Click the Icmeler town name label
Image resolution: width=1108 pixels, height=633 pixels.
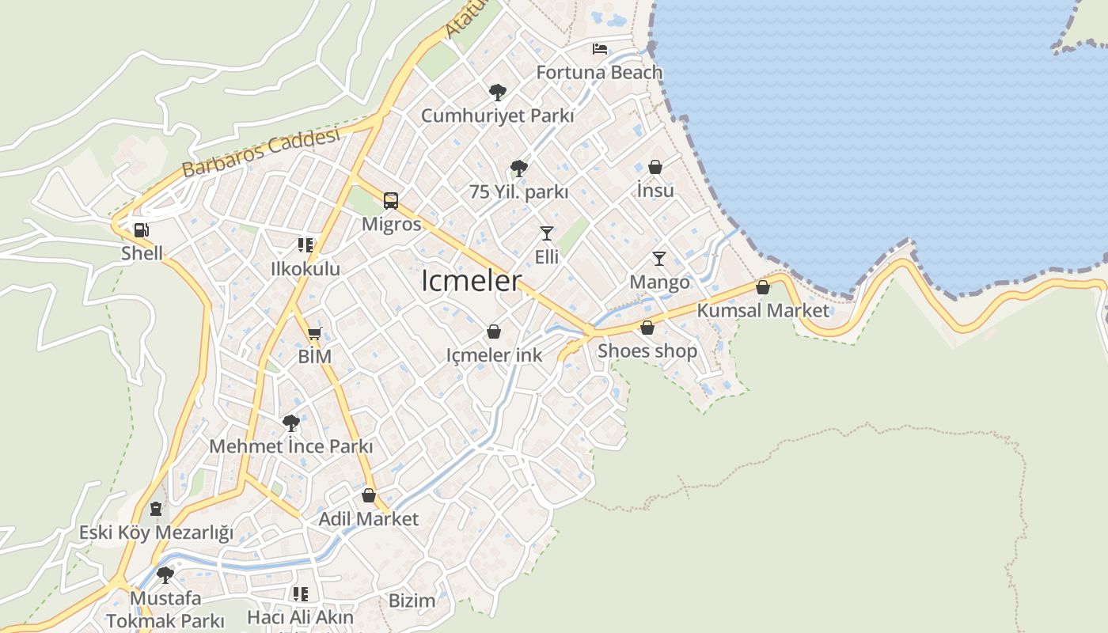[x=472, y=281]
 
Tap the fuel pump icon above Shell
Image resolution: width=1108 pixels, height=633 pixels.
[x=142, y=230]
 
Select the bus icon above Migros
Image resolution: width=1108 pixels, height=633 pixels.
[x=391, y=200]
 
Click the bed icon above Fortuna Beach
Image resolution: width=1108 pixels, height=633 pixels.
[x=600, y=49]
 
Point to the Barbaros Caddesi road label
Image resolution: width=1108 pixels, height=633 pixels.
[x=260, y=152]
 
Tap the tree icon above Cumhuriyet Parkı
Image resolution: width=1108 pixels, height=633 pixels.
[x=497, y=93]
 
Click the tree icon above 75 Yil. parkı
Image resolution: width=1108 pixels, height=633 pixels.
[x=519, y=168]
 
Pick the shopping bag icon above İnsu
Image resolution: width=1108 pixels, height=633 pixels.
[x=655, y=167]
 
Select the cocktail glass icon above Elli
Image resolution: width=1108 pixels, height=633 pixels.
[x=546, y=233]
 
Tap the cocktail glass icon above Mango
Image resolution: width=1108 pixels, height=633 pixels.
[x=658, y=258]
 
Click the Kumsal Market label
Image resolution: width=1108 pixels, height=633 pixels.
[x=763, y=310]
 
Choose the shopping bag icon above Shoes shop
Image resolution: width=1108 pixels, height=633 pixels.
[x=647, y=328]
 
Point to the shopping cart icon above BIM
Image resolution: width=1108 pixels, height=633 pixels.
[x=314, y=334]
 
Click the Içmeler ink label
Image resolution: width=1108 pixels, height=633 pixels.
[x=495, y=354]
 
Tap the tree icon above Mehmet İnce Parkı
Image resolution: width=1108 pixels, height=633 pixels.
[x=290, y=423]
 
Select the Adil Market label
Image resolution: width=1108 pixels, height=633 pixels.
[x=368, y=519]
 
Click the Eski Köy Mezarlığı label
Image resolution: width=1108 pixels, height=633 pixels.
[x=156, y=533]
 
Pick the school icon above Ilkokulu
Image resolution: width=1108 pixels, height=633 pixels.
[x=305, y=245]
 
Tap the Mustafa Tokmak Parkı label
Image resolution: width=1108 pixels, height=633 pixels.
[x=165, y=609]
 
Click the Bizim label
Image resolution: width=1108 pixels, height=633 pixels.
[x=412, y=601]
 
